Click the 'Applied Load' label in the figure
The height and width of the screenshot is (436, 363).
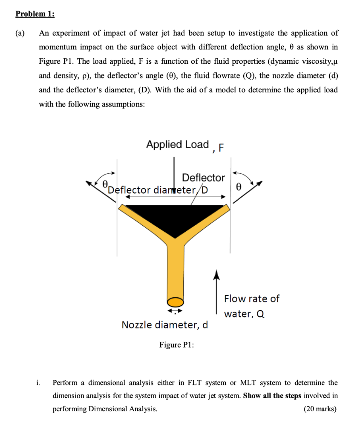pyautogui.click(x=177, y=144)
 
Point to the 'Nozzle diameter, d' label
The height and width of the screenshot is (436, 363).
pyautogui.click(x=165, y=325)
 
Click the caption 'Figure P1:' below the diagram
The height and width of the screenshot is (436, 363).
pyautogui.click(x=176, y=345)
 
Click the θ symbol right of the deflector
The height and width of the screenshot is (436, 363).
pyautogui.click(x=239, y=186)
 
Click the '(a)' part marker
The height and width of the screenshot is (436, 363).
pyautogui.click(x=20, y=33)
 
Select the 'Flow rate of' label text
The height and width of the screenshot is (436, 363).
pyautogui.click(x=251, y=298)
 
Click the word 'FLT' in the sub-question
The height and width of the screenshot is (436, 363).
pyautogui.click(x=216, y=382)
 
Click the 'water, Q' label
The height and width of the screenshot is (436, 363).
pyautogui.click(x=244, y=314)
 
